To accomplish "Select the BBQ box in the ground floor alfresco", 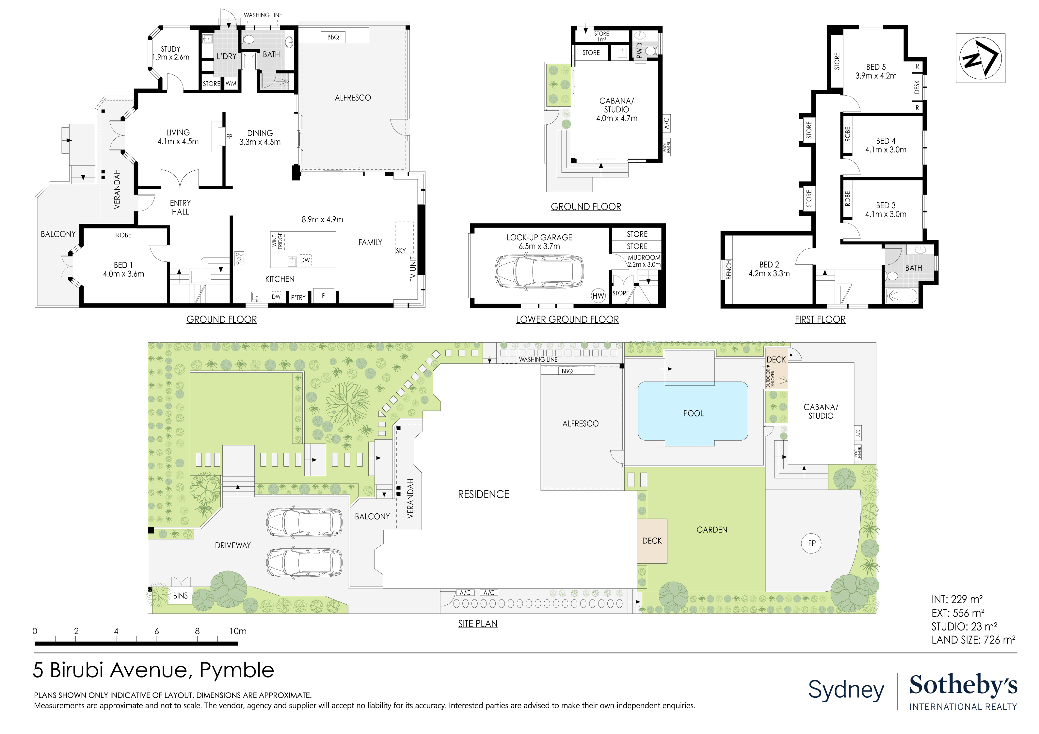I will tap(333, 37).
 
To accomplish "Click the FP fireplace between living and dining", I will tap(229, 136).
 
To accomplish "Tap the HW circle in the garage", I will tap(598, 296).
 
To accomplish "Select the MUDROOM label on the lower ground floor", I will tap(644, 257).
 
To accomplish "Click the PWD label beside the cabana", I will tap(639, 51).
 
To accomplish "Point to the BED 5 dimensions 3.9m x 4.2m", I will tap(876, 76).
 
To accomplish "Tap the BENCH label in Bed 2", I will tap(728, 270).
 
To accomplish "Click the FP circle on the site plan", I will tap(811, 543).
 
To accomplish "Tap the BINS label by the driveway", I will tap(180, 596).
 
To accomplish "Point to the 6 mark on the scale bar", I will tap(157, 631).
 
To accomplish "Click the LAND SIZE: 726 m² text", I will tap(973, 640).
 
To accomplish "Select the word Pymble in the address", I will tap(237, 670).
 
